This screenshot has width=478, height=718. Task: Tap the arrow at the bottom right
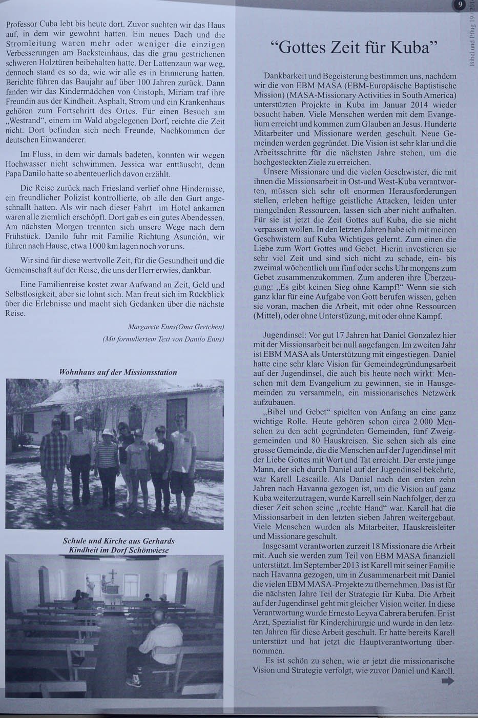(x=447, y=681)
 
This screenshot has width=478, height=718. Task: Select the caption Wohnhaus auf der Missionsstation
(x=118, y=372)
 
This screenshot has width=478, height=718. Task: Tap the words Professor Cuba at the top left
(x=31, y=24)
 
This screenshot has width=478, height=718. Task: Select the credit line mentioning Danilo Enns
(x=163, y=339)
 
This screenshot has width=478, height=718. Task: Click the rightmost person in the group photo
(x=182, y=462)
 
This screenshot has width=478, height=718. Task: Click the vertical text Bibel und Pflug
(x=471, y=47)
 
